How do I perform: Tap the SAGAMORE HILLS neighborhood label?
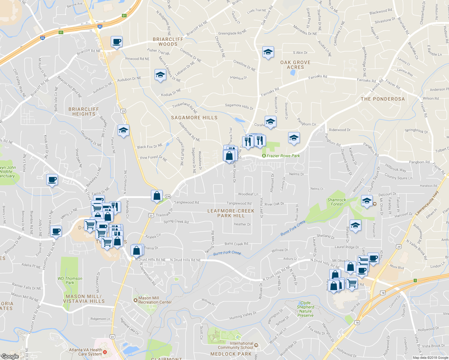pyautogui.click(x=194, y=118)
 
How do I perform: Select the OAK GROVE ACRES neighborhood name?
pyautogui.click(x=295, y=65)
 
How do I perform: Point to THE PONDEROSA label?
pyautogui.click(x=383, y=99)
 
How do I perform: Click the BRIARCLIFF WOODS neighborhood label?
pyautogui.click(x=168, y=42)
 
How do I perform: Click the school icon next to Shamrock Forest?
pyautogui.click(x=366, y=201)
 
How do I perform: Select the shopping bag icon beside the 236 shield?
pyautogui.click(x=157, y=196)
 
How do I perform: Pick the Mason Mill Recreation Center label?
pyautogui.click(x=155, y=300)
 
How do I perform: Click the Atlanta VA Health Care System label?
pyautogui.click(x=86, y=352)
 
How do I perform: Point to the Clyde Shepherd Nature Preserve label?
pyautogui.click(x=306, y=309)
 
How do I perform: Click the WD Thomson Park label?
pyautogui.click(x=70, y=280)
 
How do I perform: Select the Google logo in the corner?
pyautogui.click(x=10, y=356)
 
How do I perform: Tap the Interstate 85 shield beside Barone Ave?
pyautogui.click(x=100, y=26)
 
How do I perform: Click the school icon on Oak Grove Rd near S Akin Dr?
pyautogui.click(x=268, y=52)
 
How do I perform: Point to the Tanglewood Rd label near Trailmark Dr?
pyautogui.click(x=186, y=202)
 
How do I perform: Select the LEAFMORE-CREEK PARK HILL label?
pyautogui.click(x=231, y=213)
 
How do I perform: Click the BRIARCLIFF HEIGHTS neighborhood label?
pyautogui.click(x=83, y=112)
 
